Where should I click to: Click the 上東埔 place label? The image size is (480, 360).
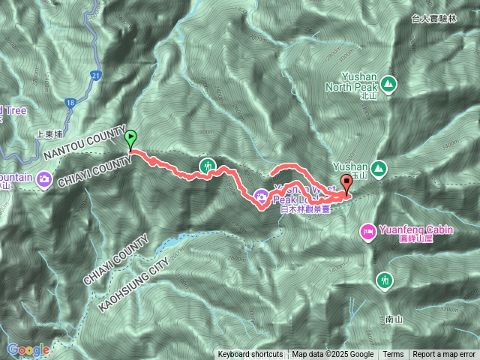51,136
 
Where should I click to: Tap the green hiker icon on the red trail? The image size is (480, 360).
206,166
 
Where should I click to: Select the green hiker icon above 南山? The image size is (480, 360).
385,280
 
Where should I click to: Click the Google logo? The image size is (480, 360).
28,349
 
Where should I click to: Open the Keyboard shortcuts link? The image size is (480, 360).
250,355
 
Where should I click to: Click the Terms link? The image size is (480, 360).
393,355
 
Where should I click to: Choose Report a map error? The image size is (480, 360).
444,355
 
